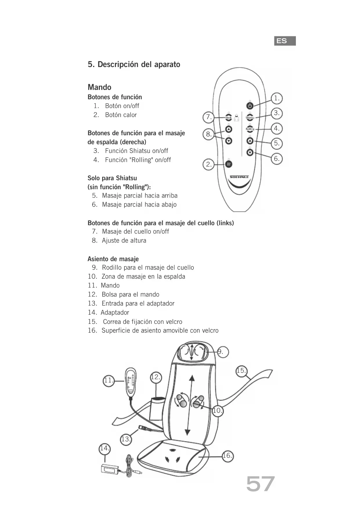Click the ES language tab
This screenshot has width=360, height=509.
[285, 41]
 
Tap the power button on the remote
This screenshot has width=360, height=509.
[250, 105]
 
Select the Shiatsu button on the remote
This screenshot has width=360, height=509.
[250, 117]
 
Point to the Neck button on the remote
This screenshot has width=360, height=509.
[229, 118]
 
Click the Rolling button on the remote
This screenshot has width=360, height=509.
[250, 129]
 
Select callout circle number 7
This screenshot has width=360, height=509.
[209, 117]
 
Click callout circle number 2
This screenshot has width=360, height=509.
[209, 165]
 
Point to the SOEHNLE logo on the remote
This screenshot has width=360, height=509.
[239, 177]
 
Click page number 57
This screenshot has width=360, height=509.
[260, 484]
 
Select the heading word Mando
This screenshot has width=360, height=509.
[100, 87]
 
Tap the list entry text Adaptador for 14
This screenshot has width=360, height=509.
[115, 313]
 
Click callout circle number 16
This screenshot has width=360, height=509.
[227, 456]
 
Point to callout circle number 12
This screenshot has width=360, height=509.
[156, 377]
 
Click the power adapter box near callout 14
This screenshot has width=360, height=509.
[110, 469]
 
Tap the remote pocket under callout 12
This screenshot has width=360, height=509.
[157, 409]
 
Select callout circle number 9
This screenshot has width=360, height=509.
[222, 352]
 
